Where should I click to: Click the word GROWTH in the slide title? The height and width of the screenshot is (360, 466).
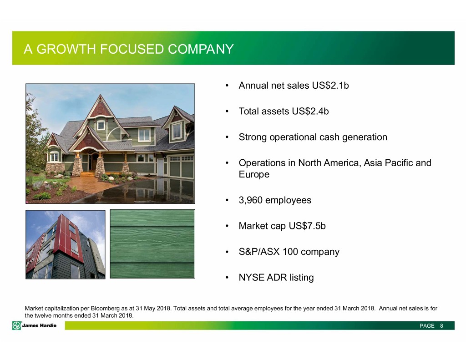coord(66,49)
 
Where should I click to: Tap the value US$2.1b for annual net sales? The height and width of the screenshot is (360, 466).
coord(330,85)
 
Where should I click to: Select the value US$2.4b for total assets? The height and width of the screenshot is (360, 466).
coord(310,111)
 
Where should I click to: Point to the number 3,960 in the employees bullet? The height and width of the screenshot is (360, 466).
coord(251,200)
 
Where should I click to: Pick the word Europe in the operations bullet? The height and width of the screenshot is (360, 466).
coord(254,174)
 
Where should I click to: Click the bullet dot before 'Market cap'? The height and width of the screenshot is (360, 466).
coord(227,226)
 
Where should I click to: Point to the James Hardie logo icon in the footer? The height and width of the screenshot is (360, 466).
coord(17,326)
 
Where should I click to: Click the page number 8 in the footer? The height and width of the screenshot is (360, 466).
coord(441,326)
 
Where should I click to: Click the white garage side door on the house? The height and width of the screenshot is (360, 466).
coord(161,167)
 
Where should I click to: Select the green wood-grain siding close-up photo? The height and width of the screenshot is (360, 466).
coord(152,244)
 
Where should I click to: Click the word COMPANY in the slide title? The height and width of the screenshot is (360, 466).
coord(201,49)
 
